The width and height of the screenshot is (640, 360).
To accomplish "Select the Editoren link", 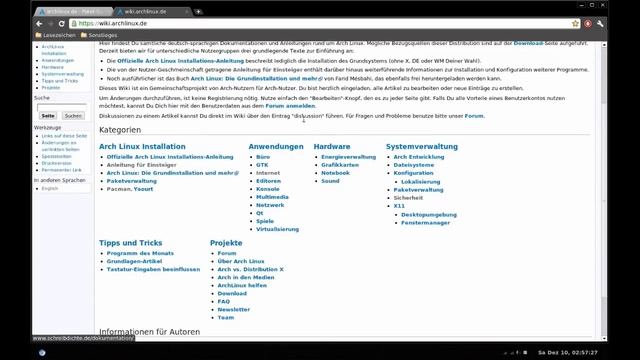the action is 268,180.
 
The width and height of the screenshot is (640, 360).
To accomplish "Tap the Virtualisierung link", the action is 277,229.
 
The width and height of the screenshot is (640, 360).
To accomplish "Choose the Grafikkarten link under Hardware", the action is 341,165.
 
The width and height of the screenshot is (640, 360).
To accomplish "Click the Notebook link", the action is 335,173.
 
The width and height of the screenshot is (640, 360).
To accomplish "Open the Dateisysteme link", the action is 414,165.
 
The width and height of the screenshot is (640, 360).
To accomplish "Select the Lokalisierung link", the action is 420,181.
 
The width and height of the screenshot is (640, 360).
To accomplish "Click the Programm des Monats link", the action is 140,253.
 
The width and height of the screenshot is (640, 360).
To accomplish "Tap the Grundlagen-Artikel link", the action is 139,261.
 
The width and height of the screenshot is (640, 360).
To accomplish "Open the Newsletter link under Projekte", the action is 234,309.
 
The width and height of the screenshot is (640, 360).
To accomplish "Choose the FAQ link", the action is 223,301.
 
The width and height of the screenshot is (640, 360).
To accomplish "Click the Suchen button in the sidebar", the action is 73,116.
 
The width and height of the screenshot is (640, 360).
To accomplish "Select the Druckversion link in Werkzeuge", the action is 57,163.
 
